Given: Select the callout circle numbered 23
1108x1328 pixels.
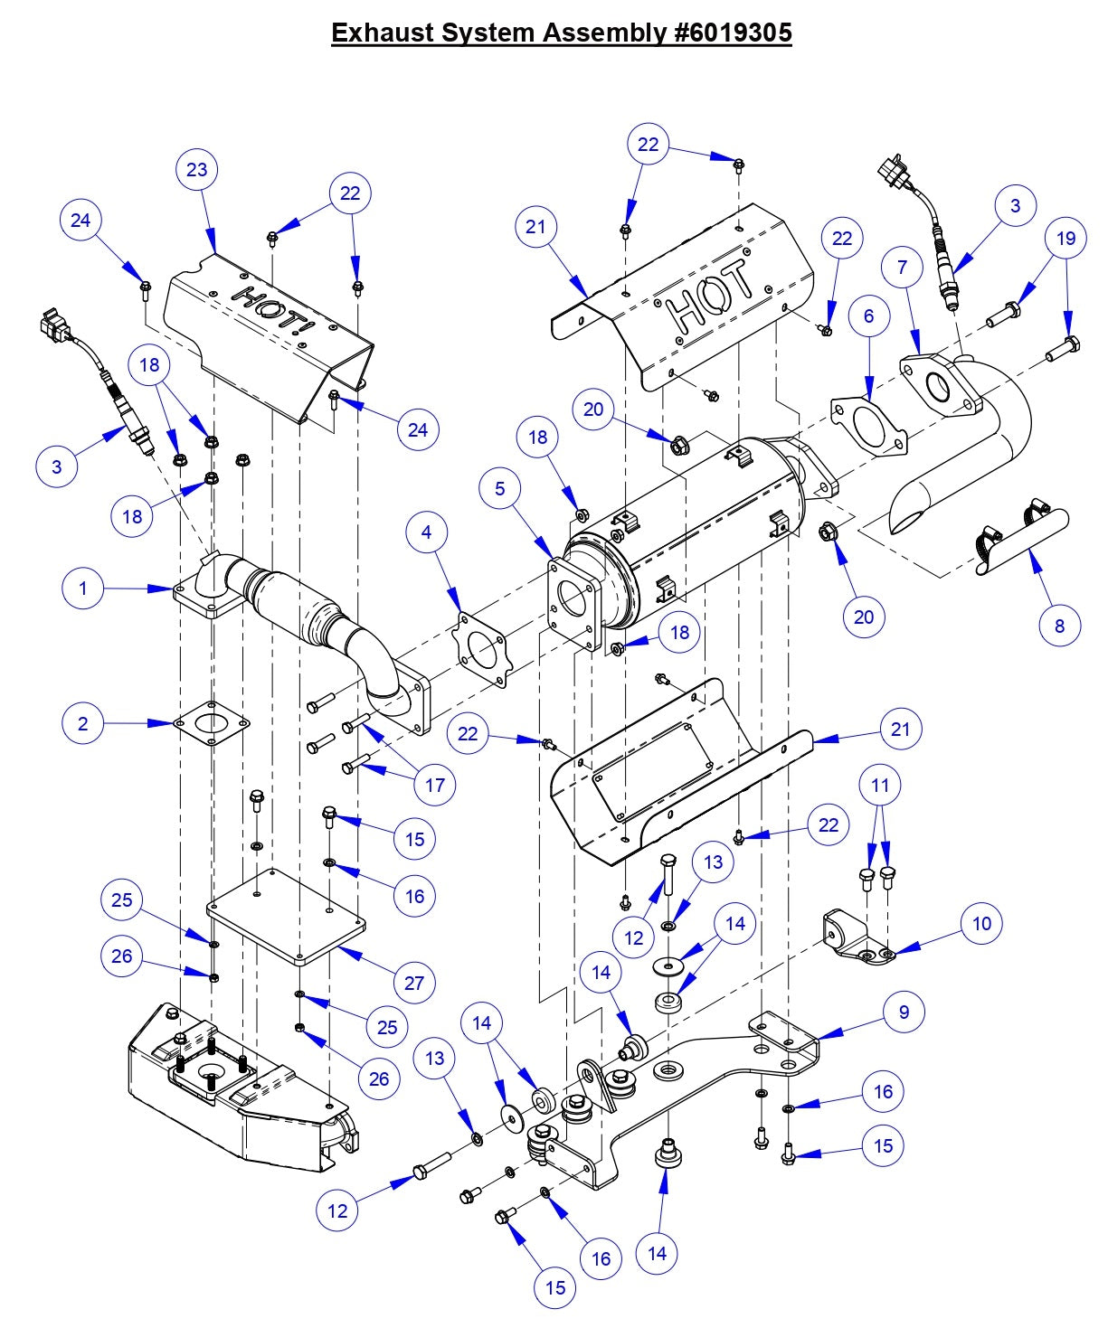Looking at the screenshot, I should click(197, 169).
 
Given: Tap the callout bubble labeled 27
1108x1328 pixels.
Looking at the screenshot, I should click(414, 983).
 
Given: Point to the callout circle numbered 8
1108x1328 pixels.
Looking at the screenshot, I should click(1059, 625).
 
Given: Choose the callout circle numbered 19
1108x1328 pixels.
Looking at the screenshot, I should click(1066, 238).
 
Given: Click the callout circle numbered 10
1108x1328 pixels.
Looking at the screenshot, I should click(982, 923).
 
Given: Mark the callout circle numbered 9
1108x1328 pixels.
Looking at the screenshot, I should click(904, 1012).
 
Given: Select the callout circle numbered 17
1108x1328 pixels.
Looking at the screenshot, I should click(435, 784).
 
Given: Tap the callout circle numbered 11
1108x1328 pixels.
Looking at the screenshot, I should click(881, 785).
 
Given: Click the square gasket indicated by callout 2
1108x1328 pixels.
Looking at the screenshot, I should click(211, 722).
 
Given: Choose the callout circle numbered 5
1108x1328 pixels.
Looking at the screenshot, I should click(500, 488).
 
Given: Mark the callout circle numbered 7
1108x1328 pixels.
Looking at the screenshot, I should click(903, 267).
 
